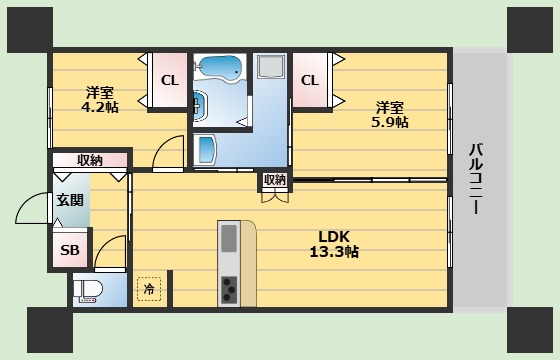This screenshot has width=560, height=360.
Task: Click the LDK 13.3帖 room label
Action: click(x=334, y=244)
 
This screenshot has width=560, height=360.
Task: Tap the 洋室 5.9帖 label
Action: click(x=390, y=115)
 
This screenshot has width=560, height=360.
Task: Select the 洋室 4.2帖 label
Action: click(x=100, y=100)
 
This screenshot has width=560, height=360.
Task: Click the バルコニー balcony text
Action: click(x=476, y=179)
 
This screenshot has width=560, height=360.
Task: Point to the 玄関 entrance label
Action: click(x=70, y=200)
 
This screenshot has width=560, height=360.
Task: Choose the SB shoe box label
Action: click(x=70, y=250)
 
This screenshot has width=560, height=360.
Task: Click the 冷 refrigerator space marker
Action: click(x=149, y=289)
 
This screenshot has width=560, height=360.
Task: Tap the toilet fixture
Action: click(x=88, y=290)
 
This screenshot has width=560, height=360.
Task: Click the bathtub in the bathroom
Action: click(x=220, y=68)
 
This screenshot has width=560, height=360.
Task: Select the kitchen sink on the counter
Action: click(x=229, y=239)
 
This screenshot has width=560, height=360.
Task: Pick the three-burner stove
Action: click(x=229, y=289)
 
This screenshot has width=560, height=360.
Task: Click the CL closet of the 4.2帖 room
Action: click(x=170, y=80)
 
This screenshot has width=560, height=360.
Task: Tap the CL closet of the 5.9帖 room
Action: click(x=310, y=80)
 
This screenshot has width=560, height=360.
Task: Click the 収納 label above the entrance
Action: click(x=90, y=160)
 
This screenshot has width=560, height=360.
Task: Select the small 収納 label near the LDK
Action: click(x=275, y=180)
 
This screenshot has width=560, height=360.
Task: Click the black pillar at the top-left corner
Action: click(x=30, y=30)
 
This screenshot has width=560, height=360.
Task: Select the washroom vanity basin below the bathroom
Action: click(x=206, y=149)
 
